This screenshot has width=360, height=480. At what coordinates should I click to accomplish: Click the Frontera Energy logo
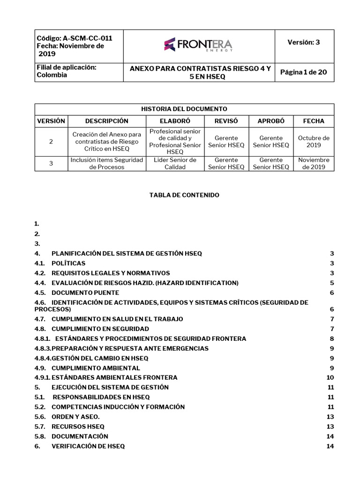coord(198,45)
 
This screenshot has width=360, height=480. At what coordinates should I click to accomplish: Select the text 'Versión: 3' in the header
coord(303,42)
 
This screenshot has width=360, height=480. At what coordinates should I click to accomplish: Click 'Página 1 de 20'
coord(303,72)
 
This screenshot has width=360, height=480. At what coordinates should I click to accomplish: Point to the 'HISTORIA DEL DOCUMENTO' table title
coord(184,109)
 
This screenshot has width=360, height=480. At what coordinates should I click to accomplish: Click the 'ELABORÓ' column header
coord(175,121)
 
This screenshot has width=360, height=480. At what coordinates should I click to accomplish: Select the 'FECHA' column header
coord(313,121)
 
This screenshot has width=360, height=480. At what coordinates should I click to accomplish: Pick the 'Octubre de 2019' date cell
coord(313,142)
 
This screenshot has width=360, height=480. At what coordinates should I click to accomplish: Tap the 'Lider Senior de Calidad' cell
coord(175,163)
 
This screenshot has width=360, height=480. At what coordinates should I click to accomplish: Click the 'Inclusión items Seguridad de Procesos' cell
coord(106,163)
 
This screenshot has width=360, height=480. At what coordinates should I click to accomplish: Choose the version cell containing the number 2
coord(51,142)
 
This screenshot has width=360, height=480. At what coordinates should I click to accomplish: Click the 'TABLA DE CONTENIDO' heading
coord(184,195)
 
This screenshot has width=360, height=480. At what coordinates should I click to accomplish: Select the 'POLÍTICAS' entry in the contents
coord(68,263)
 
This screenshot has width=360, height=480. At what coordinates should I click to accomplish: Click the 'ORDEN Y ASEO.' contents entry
coord(75,417)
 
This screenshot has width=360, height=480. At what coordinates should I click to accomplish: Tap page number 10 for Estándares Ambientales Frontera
coord(330,377)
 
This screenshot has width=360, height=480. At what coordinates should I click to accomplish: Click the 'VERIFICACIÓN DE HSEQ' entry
coord(88,446)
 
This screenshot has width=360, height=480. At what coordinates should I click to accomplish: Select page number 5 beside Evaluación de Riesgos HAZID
coord(331,283)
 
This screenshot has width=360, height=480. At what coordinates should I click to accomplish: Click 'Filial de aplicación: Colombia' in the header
coord(67,71)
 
